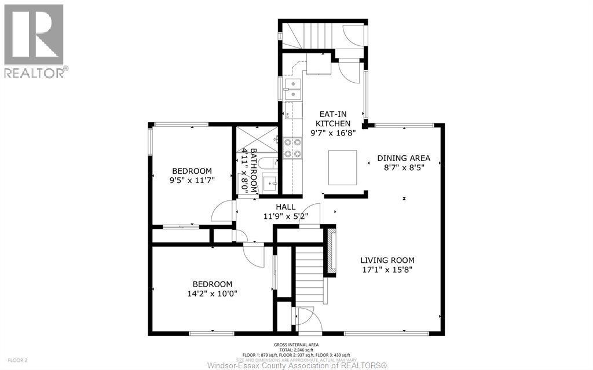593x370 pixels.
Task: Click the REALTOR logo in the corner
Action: click(x=34, y=41)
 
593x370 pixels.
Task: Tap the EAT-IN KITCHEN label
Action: click(x=332, y=119)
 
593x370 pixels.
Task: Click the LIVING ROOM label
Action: click(x=387, y=260)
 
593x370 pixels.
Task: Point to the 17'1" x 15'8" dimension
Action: click(x=387, y=269)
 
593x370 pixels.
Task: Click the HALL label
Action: click(x=285, y=207)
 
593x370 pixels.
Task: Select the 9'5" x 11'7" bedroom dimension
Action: click(x=192, y=181)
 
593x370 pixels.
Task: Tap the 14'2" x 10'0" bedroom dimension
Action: click(x=213, y=294)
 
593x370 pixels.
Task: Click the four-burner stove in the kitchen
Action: click(x=292, y=148)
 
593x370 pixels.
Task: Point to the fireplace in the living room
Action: click(x=331, y=250)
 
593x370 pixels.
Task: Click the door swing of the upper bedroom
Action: click(x=222, y=212)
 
